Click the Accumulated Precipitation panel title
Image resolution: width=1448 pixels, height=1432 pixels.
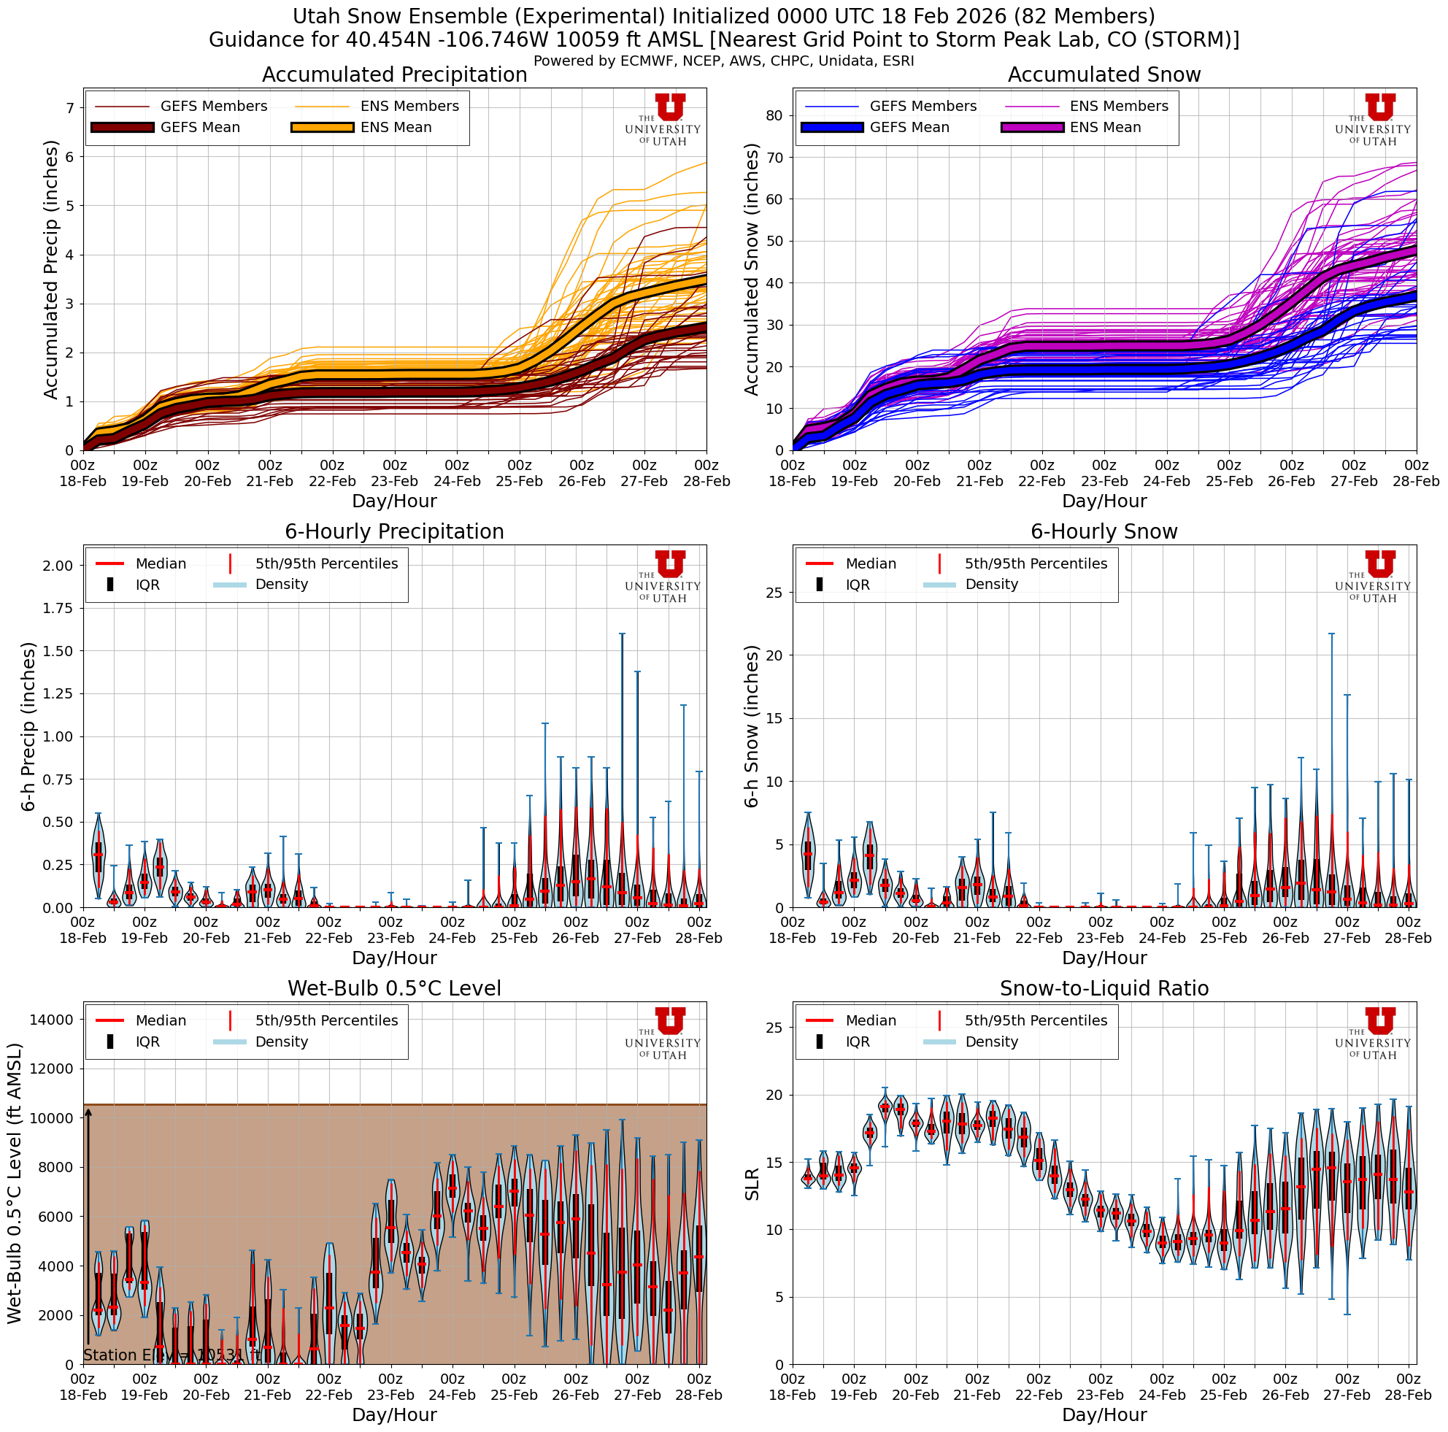394,75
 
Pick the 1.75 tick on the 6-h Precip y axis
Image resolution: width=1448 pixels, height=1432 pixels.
58,609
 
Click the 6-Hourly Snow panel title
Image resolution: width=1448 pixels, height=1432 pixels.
1104,532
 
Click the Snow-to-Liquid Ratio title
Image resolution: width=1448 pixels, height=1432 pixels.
1104,988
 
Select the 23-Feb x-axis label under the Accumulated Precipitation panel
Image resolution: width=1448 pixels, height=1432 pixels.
394,481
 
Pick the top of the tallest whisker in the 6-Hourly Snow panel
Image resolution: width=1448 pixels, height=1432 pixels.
1331,634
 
